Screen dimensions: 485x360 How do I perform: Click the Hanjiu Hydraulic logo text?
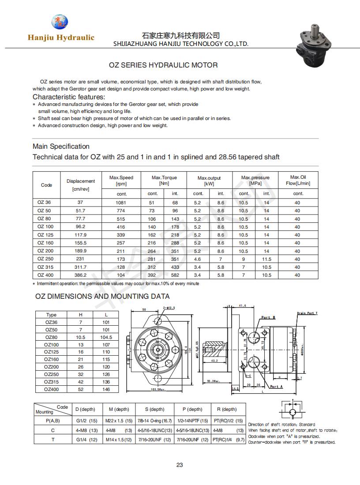tap(61, 38)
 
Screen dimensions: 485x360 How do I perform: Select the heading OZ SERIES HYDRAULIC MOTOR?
tap(163, 65)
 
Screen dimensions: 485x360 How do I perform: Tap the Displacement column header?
tap(81, 184)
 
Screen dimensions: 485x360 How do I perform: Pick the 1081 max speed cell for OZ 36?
tap(121, 203)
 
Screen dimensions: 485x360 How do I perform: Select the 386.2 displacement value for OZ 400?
tap(81, 275)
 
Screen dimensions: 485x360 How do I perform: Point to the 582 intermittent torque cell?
tap(175, 275)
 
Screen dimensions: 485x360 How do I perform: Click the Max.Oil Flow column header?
tap(298, 180)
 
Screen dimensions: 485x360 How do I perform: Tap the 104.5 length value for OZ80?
tap(106, 337)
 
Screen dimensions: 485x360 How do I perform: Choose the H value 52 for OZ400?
tap(81, 389)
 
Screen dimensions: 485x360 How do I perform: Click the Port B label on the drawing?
tap(268, 318)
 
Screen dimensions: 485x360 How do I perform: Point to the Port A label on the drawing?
tap(276, 387)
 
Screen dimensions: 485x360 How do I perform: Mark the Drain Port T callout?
tap(307, 313)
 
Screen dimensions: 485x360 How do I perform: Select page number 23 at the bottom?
tap(180, 465)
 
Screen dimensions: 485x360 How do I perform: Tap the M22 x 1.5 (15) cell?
tap(119, 421)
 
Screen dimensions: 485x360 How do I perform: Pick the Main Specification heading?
tap(61, 147)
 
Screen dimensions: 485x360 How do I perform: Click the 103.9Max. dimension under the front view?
tap(157, 390)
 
